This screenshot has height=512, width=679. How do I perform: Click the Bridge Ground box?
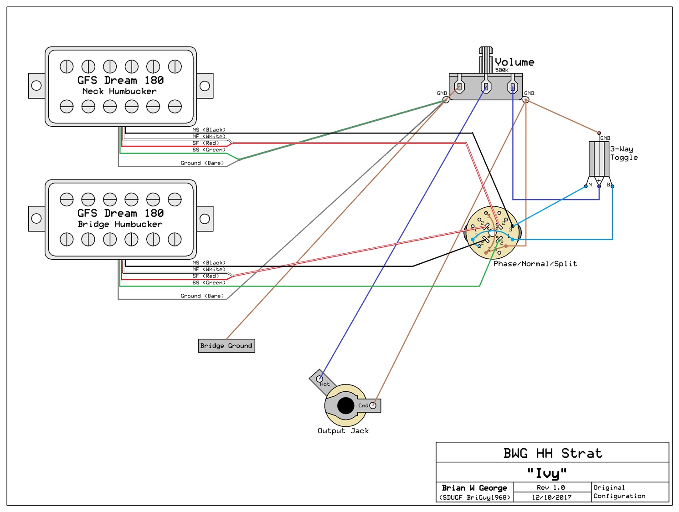tap(226, 346)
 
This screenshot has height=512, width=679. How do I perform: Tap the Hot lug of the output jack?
tap(320, 379)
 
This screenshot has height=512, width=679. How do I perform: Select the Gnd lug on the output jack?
tap(373, 405)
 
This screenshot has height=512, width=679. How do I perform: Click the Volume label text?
tap(514, 62)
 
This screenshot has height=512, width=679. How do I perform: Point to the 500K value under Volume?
tap(502, 70)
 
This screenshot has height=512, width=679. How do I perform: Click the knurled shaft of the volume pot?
tap(486, 59)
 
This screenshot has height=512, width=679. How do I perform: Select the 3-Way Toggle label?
tap(624, 153)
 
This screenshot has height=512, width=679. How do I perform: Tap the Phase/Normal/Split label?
tap(535, 264)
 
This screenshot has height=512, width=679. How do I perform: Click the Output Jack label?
tap(343, 431)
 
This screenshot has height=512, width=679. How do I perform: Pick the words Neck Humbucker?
tap(119, 91)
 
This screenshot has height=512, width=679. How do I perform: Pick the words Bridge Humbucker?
tap(120, 224)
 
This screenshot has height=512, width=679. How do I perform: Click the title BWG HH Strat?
tap(552, 453)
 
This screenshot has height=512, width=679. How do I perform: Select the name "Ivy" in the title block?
tap(547, 473)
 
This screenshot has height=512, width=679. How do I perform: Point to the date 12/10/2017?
tap(551, 497)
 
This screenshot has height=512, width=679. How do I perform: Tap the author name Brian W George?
tap(474, 488)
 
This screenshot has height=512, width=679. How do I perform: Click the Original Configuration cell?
tap(619, 492)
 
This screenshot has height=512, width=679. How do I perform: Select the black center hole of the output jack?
tap(346, 405)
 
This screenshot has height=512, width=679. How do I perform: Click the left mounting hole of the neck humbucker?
tap(36, 85)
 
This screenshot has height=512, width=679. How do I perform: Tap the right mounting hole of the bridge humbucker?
tap(205, 219)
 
